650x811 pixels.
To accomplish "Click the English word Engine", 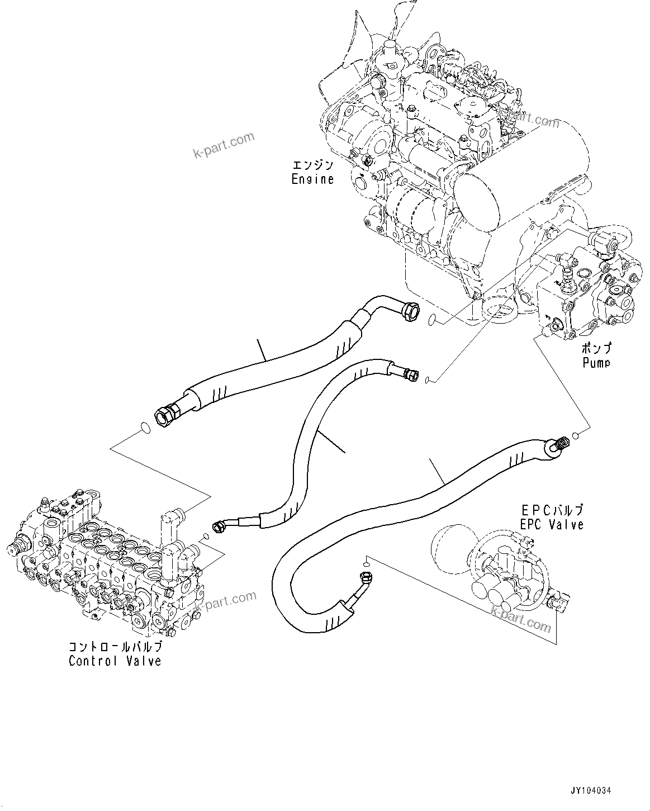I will (x=312, y=179).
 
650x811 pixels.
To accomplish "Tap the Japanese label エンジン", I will (x=312, y=165).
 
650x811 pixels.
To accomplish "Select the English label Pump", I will (x=596, y=363).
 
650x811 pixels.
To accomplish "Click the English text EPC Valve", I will (x=552, y=524).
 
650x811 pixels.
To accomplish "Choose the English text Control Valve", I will (x=115, y=661).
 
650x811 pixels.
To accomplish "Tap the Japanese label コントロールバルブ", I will (x=115, y=647).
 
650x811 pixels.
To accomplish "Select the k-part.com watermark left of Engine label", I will (x=223, y=144).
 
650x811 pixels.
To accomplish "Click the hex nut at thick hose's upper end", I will (x=410, y=311).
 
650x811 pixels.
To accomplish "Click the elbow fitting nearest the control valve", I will (x=219, y=525).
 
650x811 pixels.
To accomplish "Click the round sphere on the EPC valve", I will (x=451, y=549).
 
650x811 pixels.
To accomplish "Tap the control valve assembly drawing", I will (x=106, y=565).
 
